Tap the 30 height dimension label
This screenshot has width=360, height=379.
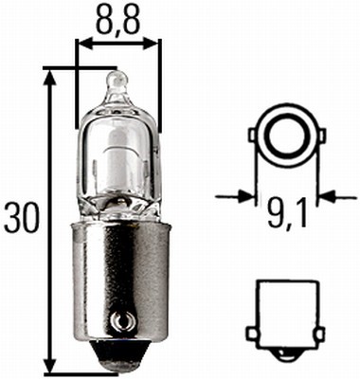(23, 217)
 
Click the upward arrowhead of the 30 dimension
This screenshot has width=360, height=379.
(49, 78)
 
